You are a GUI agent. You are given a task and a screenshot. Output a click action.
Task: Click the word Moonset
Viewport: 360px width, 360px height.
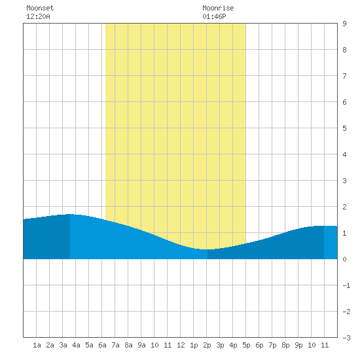40,8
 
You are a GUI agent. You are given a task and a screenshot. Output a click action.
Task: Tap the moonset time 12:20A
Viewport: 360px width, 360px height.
38,16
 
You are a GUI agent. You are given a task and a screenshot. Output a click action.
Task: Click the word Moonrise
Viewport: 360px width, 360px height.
218,8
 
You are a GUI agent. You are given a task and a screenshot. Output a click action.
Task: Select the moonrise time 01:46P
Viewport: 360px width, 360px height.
214,16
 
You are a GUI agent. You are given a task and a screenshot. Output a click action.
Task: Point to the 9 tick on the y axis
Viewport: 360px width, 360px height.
344,24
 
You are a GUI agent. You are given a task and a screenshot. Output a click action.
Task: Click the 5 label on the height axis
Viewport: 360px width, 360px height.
344,128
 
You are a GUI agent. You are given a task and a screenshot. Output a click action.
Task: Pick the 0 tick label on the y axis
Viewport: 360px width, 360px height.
344,259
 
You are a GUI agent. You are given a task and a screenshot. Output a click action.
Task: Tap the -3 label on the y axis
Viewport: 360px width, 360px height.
346,338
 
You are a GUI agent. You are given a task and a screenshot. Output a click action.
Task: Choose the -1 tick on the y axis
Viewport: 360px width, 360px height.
346,285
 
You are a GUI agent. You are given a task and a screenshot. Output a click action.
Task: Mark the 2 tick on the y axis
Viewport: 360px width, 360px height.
344,207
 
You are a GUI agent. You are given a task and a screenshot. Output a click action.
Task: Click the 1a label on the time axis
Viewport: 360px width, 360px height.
37,345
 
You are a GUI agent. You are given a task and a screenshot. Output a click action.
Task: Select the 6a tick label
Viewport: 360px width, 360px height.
102,345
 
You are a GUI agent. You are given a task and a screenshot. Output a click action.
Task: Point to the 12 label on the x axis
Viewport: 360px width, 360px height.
181,345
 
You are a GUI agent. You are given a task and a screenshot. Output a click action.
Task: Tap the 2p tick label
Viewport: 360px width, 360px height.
207,345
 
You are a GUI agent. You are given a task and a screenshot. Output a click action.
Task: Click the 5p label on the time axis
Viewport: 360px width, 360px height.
246,345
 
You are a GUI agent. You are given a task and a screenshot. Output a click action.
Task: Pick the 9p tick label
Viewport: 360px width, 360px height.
298,345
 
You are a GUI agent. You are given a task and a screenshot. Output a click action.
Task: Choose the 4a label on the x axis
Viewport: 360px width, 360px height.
76,345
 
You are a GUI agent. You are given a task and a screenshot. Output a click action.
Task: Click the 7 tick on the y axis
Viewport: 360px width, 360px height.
344,76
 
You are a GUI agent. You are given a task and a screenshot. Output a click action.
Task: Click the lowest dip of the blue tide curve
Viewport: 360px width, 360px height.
205,249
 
